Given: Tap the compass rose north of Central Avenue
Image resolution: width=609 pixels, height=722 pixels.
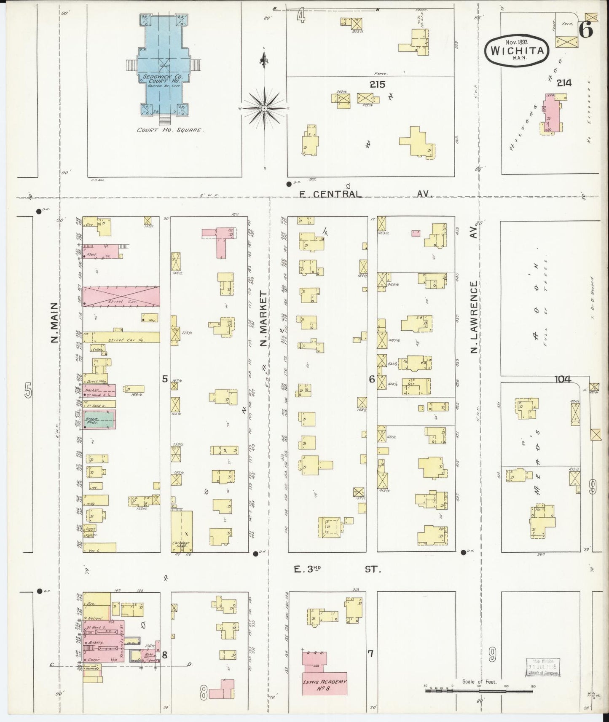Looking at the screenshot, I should pos(264,108).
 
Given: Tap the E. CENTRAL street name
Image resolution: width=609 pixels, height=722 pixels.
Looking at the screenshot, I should pos(330,194).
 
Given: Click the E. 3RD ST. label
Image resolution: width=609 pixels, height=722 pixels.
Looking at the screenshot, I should pos(337,570).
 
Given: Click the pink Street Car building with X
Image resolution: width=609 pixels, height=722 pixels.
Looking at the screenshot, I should pos(121,296).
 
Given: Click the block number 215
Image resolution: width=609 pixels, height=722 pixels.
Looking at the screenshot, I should pos(377,84).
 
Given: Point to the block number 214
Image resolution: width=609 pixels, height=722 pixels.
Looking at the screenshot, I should pos(563,83).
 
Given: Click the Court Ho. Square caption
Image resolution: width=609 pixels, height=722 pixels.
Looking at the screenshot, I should pos(170,130).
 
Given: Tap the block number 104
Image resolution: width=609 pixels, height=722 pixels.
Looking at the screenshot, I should pos(563,379).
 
